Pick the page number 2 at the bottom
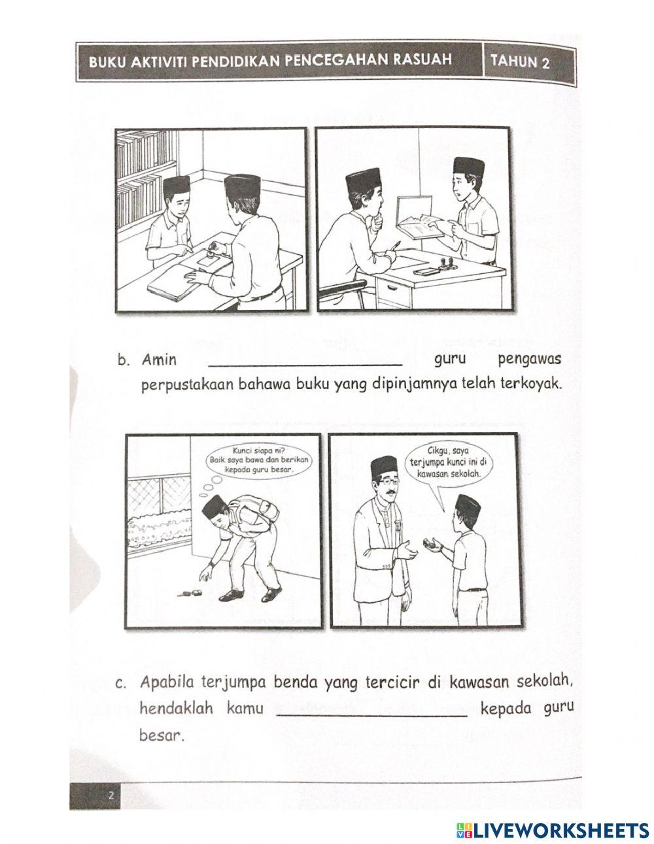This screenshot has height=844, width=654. point(112,795)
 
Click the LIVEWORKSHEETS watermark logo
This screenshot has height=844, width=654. point(549,830)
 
